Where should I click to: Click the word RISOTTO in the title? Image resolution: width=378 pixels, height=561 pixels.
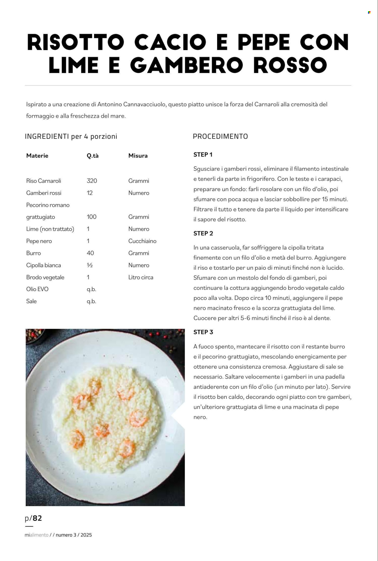tap(76, 42)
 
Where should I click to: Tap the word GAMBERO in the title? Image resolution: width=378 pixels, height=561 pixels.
tap(187, 65)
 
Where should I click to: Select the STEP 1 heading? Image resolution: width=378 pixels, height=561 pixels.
tap(203, 155)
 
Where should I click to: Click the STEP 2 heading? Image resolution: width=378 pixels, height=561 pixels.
tap(203, 233)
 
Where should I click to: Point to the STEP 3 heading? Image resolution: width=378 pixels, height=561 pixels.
tap(203, 332)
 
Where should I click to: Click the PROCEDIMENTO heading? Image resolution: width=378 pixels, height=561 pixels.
tap(220, 136)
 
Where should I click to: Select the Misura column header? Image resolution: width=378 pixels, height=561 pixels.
tap(138, 156)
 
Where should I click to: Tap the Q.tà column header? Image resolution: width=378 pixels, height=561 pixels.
tap(93, 156)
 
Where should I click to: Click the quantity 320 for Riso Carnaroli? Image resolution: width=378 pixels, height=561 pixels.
tap(92, 181)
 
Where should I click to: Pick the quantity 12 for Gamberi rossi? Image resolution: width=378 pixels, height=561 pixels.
tap(90, 193)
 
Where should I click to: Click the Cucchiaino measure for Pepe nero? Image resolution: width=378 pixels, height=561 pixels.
tap(142, 241)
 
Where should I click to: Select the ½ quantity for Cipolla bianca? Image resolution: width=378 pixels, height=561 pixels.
tap(90, 265)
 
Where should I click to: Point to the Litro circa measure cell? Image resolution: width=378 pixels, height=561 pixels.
tap(141, 277)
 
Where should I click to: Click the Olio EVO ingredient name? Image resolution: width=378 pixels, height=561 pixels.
tap(37, 289)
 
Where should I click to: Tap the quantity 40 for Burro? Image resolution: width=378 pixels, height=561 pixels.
tap(90, 253)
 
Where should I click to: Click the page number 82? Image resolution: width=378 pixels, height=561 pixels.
tap(37, 518)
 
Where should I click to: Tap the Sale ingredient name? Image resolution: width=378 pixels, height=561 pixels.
tap(31, 301)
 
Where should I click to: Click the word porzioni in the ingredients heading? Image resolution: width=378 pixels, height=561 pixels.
tap(104, 136)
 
